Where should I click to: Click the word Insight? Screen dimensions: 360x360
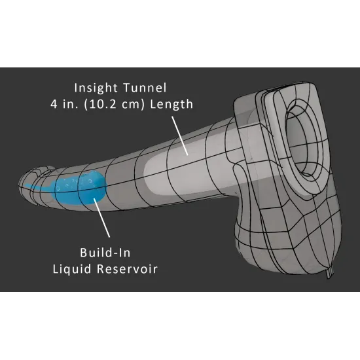click(96, 88)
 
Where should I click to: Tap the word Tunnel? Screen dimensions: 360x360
click(145, 88)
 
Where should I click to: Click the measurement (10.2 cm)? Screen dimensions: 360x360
click(115, 105)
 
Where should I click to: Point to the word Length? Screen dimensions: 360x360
click(171, 104)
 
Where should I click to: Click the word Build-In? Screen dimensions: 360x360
click(105, 253)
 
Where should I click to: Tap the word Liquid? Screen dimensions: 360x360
click(72, 269)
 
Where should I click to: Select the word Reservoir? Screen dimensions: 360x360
click(127, 269)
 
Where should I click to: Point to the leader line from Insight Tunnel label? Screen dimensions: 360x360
click(180, 135)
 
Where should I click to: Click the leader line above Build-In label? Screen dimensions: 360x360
click(101, 218)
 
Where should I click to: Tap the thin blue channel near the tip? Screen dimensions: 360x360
click(37, 187)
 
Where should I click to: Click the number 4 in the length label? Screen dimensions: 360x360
click(54, 105)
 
